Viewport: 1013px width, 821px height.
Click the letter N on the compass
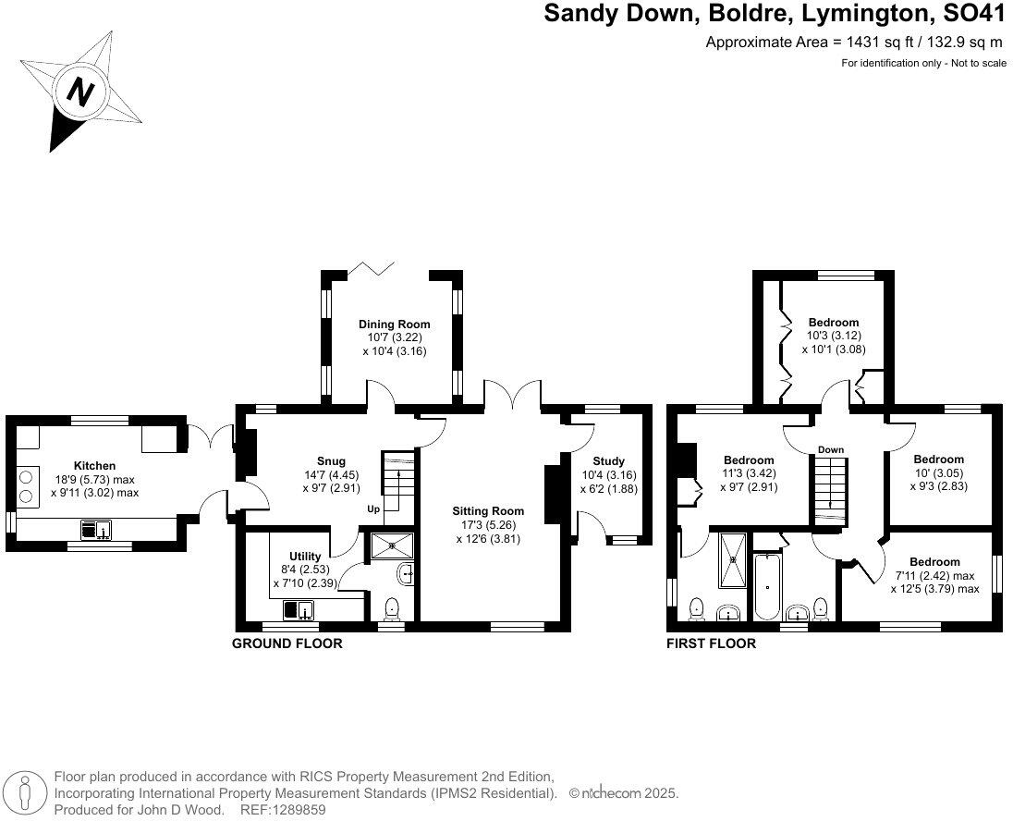click(82, 92)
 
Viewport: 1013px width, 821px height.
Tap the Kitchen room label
click(94, 466)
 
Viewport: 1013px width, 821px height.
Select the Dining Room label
click(394, 325)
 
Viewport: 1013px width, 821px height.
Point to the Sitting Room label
click(488, 510)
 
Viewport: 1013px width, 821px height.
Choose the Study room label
click(608, 460)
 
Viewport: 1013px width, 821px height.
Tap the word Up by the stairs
click(374, 509)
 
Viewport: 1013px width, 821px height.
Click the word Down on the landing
click(830, 450)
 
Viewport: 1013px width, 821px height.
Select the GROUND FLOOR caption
click(287, 643)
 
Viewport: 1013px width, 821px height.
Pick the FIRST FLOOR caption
click(711, 643)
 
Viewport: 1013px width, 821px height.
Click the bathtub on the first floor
click(768, 588)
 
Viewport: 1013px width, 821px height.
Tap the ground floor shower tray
click(394, 546)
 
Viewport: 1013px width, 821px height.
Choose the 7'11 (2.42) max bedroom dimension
click(934, 575)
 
